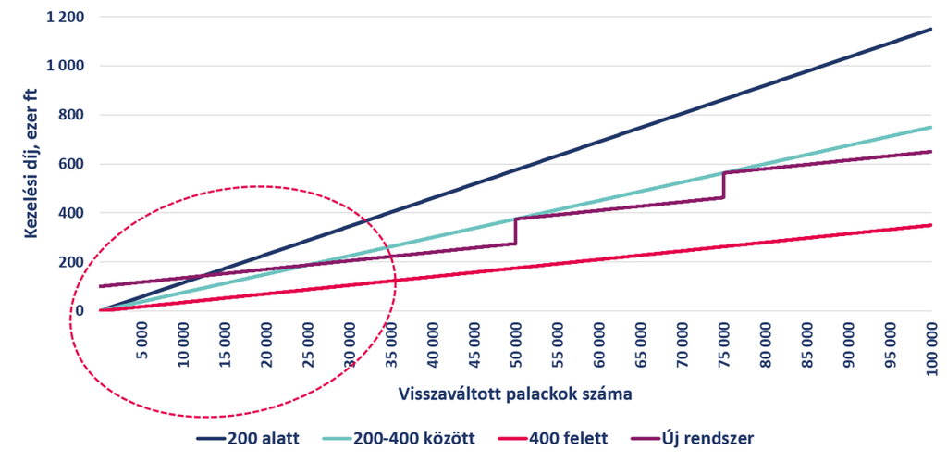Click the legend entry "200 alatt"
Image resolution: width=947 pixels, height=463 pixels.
click(x=249, y=439)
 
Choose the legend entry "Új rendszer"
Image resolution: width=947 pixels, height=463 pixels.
click(x=691, y=438)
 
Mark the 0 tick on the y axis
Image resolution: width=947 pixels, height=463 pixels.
click(x=80, y=311)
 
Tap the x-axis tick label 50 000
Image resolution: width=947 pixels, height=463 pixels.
click(x=516, y=344)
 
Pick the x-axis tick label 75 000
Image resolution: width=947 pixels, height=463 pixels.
click(x=725, y=344)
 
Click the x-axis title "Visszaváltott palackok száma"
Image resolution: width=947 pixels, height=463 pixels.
click(x=515, y=394)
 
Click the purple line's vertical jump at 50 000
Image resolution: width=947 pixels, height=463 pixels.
click(x=516, y=231)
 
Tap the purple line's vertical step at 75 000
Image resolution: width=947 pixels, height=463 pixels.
click(x=723, y=185)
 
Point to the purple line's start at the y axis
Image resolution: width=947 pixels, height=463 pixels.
click(x=100, y=286)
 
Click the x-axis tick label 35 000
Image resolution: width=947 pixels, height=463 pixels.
click(x=392, y=344)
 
